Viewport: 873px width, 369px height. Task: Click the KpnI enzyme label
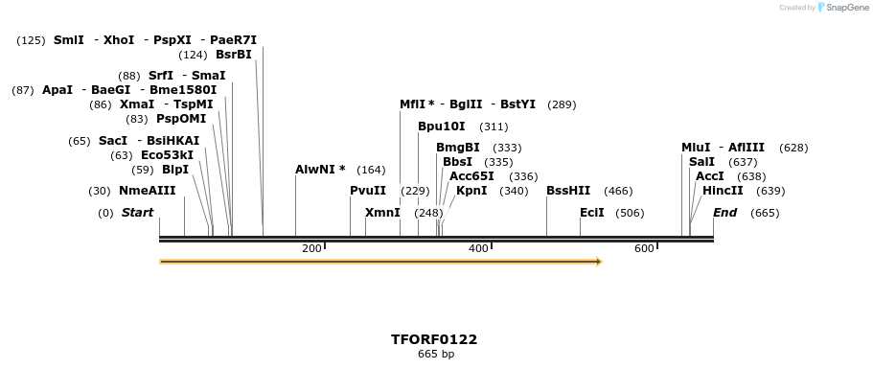coord(471,191)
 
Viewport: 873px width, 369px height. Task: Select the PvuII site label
coord(368,191)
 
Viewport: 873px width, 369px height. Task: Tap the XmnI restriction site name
coord(382,213)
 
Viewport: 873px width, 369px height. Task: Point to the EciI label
coord(592,213)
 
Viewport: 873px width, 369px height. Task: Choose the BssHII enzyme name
coord(568,191)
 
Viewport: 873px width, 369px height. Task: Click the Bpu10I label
coord(441,127)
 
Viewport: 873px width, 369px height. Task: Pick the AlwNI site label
coord(315,170)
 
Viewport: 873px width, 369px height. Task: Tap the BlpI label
coord(175,170)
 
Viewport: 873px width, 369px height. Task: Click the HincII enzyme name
coord(723,191)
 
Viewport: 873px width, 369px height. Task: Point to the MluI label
coord(696,148)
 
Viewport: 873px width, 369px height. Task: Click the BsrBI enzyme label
coord(233,55)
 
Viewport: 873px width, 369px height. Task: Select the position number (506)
coord(630,213)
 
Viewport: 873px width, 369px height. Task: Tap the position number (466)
coord(618,191)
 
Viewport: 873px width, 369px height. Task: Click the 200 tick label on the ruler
coord(311,249)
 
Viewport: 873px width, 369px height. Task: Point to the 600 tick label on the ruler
coord(644,249)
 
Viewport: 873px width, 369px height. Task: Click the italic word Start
coord(137,213)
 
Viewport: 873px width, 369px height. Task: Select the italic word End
coord(724,213)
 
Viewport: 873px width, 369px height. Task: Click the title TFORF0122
coord(434,339)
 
